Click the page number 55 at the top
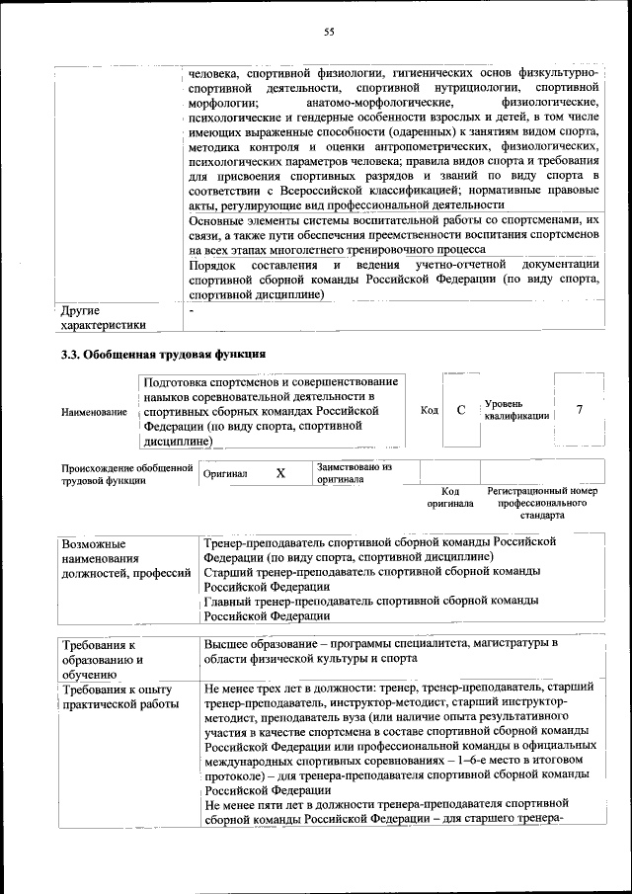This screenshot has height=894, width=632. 329,33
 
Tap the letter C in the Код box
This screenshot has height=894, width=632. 460,410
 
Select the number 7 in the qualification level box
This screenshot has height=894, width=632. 580,410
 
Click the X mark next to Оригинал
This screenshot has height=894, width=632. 280,473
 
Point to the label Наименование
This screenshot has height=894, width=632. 94,411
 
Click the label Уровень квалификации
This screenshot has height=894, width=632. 515,410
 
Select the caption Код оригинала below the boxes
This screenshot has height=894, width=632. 450,497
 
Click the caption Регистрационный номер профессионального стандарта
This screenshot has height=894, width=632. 542,502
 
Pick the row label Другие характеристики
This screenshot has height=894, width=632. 103,317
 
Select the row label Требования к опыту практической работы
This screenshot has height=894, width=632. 119,696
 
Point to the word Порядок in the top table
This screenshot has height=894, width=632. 212,265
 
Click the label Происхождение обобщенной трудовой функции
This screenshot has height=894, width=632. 126,473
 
